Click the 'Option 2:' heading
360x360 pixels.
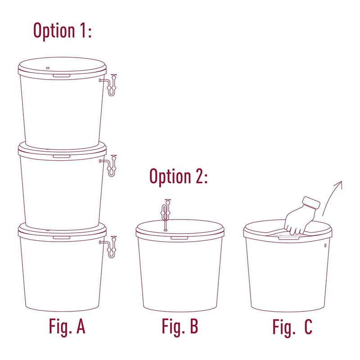coord(178,176)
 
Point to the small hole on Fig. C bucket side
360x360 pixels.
coord(325,246)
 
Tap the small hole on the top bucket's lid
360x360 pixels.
coord(48,68)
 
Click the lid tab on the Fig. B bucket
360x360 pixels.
coord(180,237)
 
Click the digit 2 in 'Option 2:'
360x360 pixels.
coord(198,176)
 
